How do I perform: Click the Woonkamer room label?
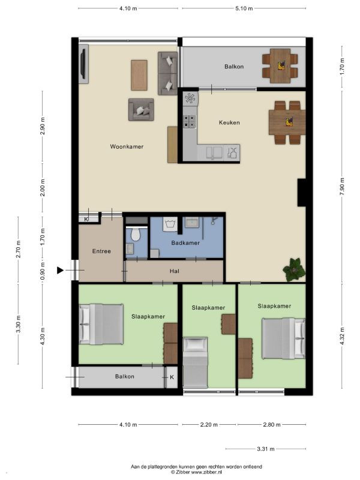point(127,146)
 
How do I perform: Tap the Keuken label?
point(229,122)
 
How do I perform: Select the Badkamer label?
point(185,243)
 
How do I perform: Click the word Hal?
point(175,271)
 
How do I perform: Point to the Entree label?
point(101,251)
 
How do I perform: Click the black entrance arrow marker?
point(61,270)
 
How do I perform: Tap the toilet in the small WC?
point(135,233)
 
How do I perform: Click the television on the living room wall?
point(83,64)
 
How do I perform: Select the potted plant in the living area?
point(294,269)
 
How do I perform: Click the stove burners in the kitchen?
point(190,121)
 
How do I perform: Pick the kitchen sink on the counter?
point(214,152)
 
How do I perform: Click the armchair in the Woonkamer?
point(141,110)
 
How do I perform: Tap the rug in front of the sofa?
point(139,75)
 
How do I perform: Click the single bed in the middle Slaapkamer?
point(196,363)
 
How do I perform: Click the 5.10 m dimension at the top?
point(244,8)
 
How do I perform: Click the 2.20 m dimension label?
point(209,425)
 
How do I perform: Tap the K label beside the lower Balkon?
point(172,377)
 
